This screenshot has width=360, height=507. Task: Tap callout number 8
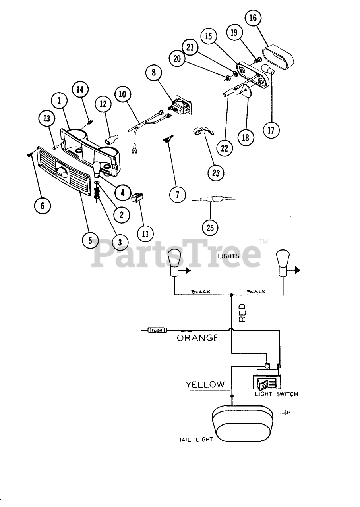point(154,73)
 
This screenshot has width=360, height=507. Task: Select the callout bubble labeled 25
point(210,227)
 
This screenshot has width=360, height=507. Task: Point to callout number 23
point(216,173)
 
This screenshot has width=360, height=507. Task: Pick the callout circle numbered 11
point(145,234)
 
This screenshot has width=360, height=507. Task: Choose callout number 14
point(80,90)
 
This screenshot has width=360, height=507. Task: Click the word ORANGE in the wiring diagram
point(198,338)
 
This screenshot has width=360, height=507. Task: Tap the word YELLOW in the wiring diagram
point(205,384)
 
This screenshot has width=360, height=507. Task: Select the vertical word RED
point(242,312)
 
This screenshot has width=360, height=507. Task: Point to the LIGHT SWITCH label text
point(276,394)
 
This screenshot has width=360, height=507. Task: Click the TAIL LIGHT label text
point(196,440)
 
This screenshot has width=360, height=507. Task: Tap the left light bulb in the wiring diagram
point(174,262)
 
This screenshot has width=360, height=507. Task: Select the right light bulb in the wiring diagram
point(283,262)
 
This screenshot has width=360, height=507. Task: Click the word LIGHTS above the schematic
point(228,256)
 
